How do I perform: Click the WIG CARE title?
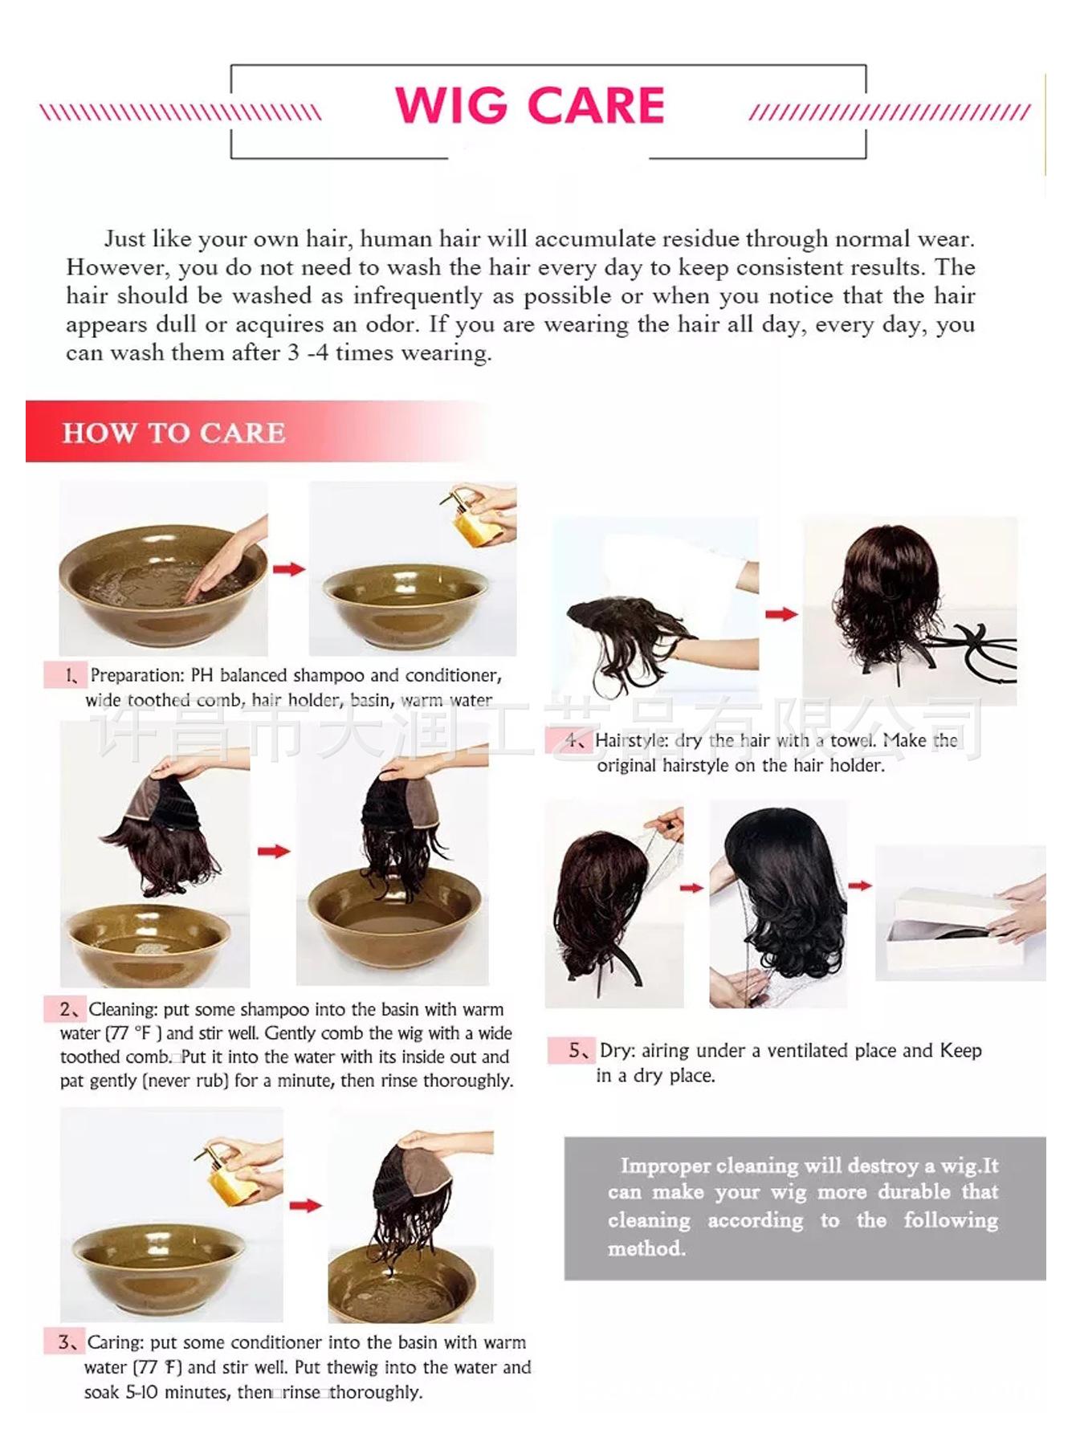(x=530, y=105)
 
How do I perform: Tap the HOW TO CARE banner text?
(x=173, y=433)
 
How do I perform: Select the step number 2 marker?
(x=69, y=1009)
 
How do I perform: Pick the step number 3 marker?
(x=66, y=1342)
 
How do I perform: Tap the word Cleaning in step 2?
(x=122, y=1009)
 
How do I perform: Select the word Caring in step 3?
(x=116, y=1342)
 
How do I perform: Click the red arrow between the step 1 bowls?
(x=289, y=569)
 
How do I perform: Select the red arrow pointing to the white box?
(x=860, y=885)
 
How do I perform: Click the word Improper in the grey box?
(x=665, y=1166)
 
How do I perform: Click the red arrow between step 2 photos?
(x=274, y=851)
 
